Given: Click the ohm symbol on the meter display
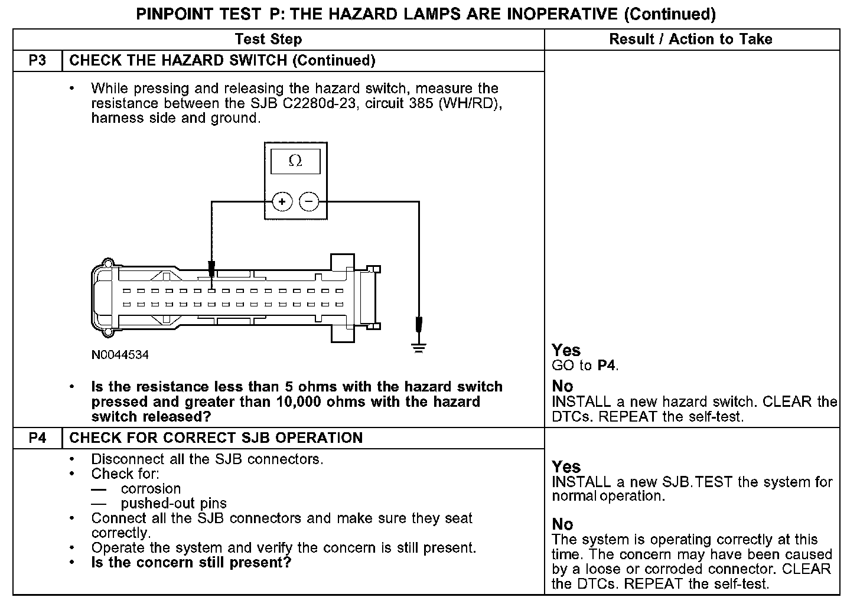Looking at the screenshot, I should (295, 161).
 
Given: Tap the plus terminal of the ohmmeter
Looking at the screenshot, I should (282, 202).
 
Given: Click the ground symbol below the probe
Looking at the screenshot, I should (419, 348).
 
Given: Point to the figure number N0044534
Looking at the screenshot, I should (120, 355).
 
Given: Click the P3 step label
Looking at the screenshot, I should (37, 61).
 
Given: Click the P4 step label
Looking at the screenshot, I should (37, 438).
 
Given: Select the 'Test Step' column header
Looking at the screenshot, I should (268, 40).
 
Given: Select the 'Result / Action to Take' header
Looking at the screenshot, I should (690, 40).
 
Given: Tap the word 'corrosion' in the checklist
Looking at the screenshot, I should (151, 489).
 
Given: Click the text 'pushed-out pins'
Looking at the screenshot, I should (174, 504).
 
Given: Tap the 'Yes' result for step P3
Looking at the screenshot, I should (566, 350).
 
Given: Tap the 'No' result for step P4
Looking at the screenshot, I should (562, 524).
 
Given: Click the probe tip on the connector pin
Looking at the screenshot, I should (211, 272).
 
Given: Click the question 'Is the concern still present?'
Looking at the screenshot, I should (191, 563).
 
